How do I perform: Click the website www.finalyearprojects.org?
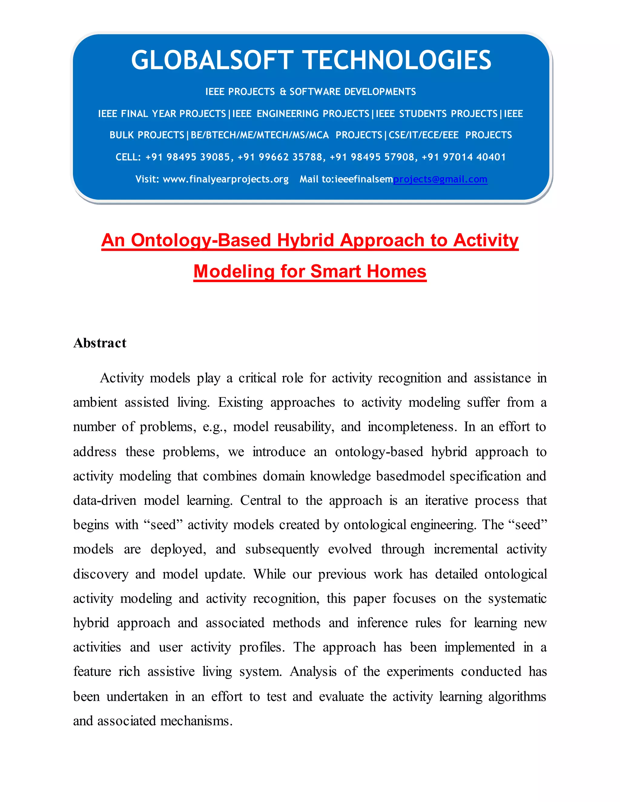226,179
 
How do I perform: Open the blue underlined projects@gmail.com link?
440,179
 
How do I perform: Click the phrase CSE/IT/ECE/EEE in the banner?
424,135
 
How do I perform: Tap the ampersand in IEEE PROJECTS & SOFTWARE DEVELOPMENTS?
283,92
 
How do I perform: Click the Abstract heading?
100,343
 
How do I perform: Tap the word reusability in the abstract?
304,427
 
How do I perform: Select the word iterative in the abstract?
446,501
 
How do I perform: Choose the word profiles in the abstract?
262,647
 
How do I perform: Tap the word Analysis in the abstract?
313,672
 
